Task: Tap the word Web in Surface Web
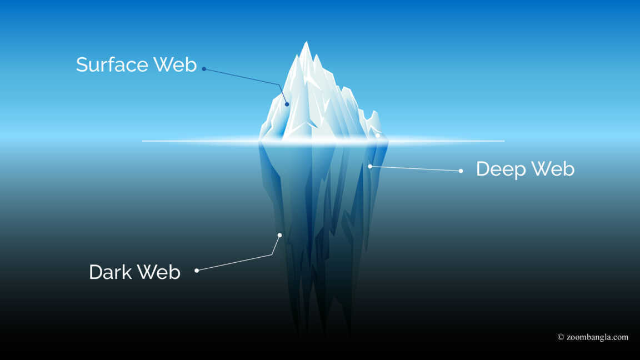[175, 64]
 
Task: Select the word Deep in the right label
[501, 169]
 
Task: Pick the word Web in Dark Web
[158, 272]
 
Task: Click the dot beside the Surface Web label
[204, 69]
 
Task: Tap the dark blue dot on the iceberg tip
[287, 104]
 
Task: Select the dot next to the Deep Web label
[461, 171]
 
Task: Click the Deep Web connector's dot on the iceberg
[370, 167]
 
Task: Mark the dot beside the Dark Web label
[197, 271]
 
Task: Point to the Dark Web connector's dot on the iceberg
[279, 235]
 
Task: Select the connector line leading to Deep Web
[416, 168]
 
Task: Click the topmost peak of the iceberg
[306, 42]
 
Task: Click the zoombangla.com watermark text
[598, 337]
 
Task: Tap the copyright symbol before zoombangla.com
[561, 337]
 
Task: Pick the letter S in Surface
[82, 65]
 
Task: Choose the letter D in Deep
[483, 169]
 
